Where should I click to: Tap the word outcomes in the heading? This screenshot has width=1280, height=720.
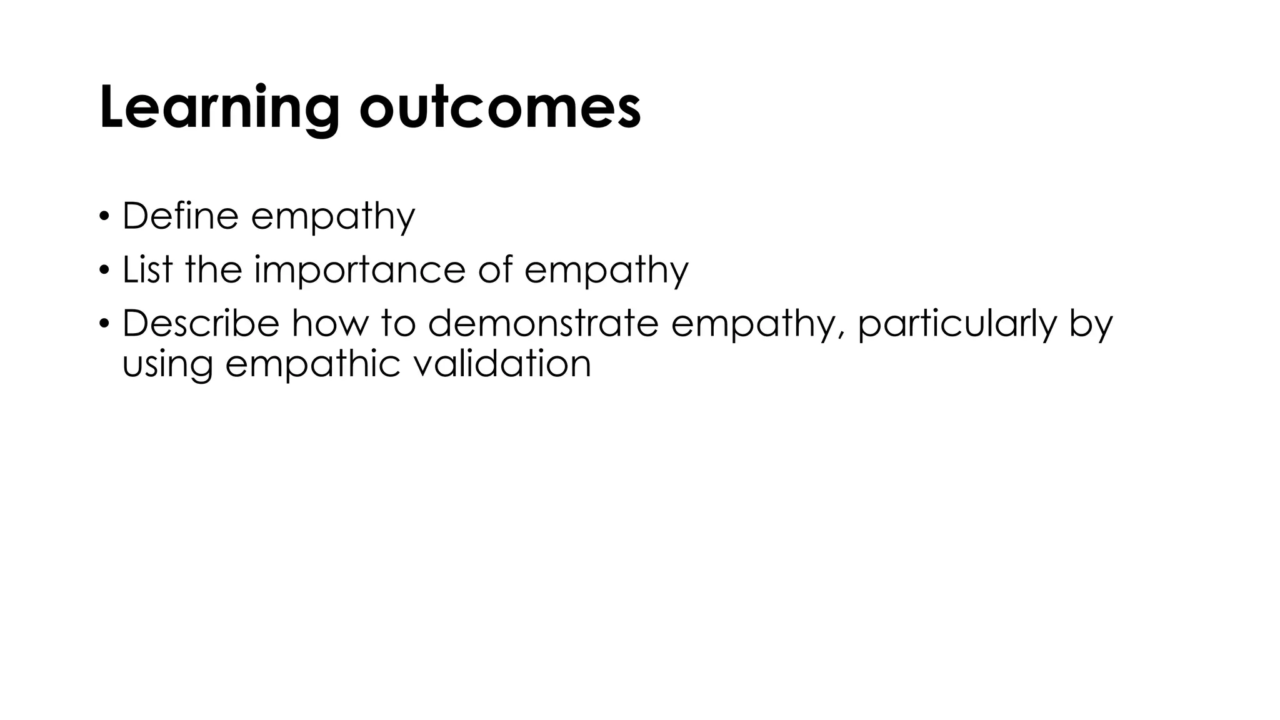(500, 107)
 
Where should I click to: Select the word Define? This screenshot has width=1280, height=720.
(180, 216)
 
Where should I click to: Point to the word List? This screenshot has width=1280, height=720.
(147, 270)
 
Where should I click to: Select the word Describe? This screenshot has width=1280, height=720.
(200, 324)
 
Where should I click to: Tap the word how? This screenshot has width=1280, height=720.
(329, 324)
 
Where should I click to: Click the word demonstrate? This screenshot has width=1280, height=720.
(543, 324)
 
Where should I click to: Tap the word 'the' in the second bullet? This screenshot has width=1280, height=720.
(213, 270)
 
